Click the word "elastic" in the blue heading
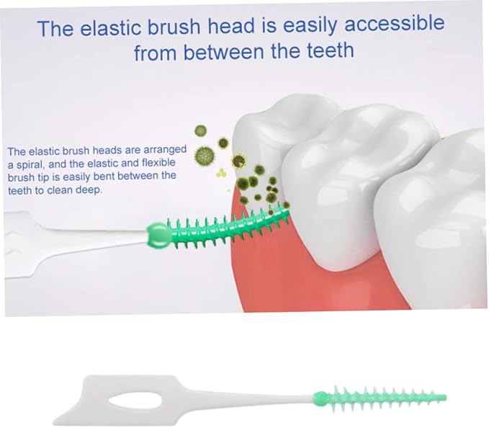click(x=115, y=28)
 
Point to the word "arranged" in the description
click(x=162, y=150)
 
